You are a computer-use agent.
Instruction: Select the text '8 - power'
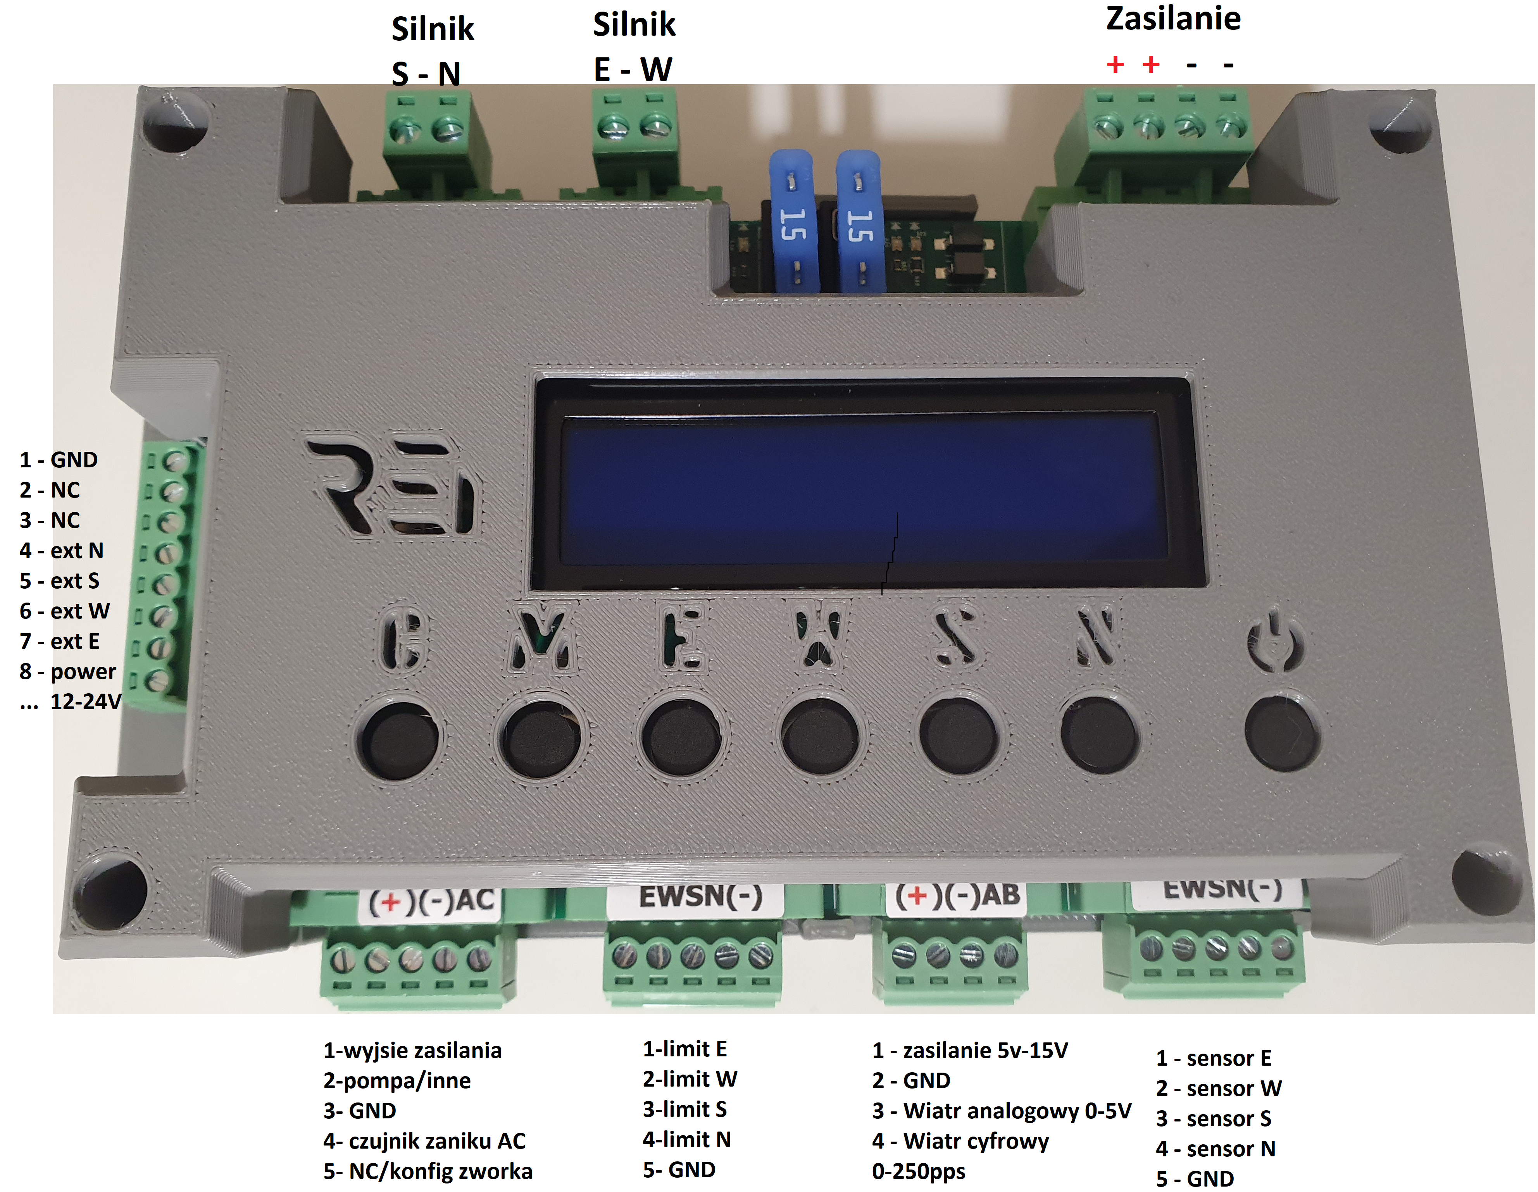[x=67, y=672]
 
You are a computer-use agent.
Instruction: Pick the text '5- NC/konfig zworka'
[x=428, y=1171]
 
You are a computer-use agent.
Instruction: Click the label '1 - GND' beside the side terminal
[x=59, y=460]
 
